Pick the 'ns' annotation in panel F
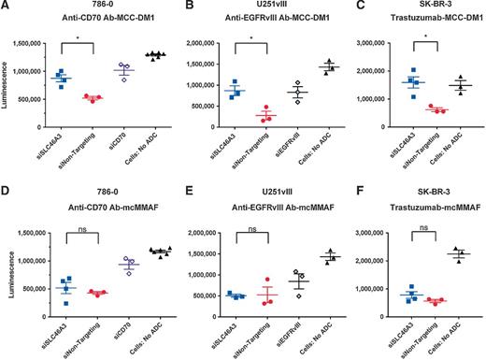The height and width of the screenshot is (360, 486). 412,227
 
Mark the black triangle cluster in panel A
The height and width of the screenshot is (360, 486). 154,55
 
